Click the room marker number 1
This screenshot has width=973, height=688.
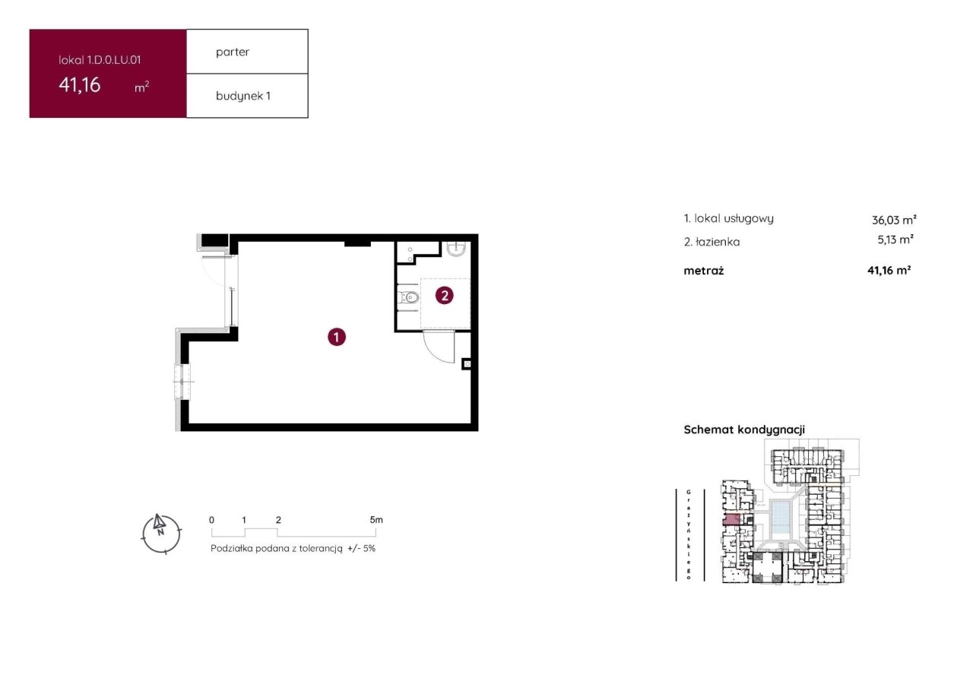pyautogui.click(x=337, y=337)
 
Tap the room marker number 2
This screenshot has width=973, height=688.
pyautogui.click(x=445, y=296)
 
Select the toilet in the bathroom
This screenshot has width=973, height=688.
pyautogui.click(x=408, y=297)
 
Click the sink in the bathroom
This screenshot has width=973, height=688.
pyautogui.click(x=456, y=249)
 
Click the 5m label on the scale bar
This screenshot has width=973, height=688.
pyautogui.click(x=376, y=520)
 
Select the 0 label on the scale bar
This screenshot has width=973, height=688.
pyautogui.click(x=211, y=520)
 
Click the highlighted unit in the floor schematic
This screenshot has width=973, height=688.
pyautogui.click(x=731, y=520)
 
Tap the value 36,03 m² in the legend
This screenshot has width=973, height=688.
pyautogui.click(x=894, y=220)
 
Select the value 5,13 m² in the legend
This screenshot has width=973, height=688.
pyautogui.click(x=895, y=239)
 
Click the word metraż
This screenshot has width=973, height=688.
pyautogui.click(x=704, y=271)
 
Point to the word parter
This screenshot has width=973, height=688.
pyautogui.click(x=233, y=52)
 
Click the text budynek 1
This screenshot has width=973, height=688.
pyautogui.click(x=243, y=96)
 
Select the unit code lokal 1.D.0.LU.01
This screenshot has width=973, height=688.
pyautogui.click(x=100, y=60)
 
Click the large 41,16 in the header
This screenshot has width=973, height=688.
pyautogui.click(x=80, y=84)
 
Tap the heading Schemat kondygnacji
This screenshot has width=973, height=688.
pyautogui.click(x=744, y=430)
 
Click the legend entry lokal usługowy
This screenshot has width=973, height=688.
pyautogui.click(x=734, y=218)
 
